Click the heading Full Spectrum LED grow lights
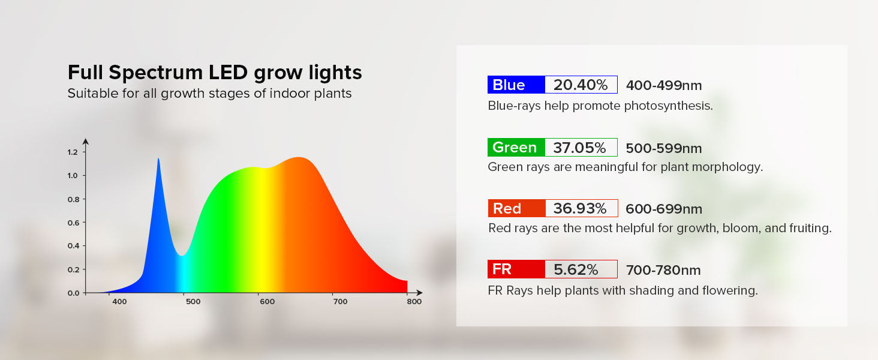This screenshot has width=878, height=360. [215, 73]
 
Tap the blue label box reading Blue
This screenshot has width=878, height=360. [516, 85]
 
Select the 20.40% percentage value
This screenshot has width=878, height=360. [581, 85]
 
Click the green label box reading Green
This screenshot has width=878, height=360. [516, 148]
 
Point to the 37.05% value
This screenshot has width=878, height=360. [580, 148]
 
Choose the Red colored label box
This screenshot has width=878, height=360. [516, 208]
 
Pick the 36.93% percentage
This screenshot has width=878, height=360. [580, 209]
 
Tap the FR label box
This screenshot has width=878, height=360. [516, 269]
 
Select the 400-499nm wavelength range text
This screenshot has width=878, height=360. [664, 85]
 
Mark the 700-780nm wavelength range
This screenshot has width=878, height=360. [663, 270]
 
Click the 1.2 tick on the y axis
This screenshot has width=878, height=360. [73, 152]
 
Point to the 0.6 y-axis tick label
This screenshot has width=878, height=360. [73, 223]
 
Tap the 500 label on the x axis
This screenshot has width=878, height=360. [193, 302]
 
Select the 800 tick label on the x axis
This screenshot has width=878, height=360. [414, 302]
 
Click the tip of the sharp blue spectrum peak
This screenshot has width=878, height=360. [158, 158]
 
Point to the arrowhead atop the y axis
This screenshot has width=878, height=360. [85, 141]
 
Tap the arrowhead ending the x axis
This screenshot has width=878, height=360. [419, 293]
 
